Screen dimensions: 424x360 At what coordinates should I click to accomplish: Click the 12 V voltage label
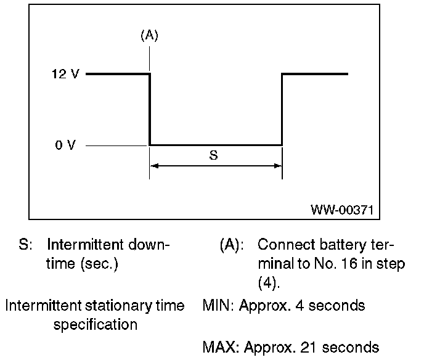[x=65, y=74]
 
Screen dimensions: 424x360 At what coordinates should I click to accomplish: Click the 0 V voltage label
[x=65, y=145]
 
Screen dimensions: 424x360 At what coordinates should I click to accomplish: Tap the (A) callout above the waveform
[x=149, y=36]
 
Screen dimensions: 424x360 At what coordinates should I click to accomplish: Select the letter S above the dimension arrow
[x=213, y=156]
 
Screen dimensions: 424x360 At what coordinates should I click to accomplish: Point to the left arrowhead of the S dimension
[x=154, y=166]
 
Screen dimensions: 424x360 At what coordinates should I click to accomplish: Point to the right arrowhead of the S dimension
[x=277, y=166]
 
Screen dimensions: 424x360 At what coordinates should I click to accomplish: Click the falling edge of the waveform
[x=150, y=110]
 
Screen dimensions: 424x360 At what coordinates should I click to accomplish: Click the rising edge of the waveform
[x=282, y=110]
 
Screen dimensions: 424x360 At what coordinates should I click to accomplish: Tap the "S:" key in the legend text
[x=26, y=245]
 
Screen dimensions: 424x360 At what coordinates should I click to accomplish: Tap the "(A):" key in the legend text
[x=232, y=245]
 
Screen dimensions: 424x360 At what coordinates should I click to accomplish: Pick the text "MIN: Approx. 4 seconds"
[x=283, y=306]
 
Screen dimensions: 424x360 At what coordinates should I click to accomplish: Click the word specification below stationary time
[x=95, y=325]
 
